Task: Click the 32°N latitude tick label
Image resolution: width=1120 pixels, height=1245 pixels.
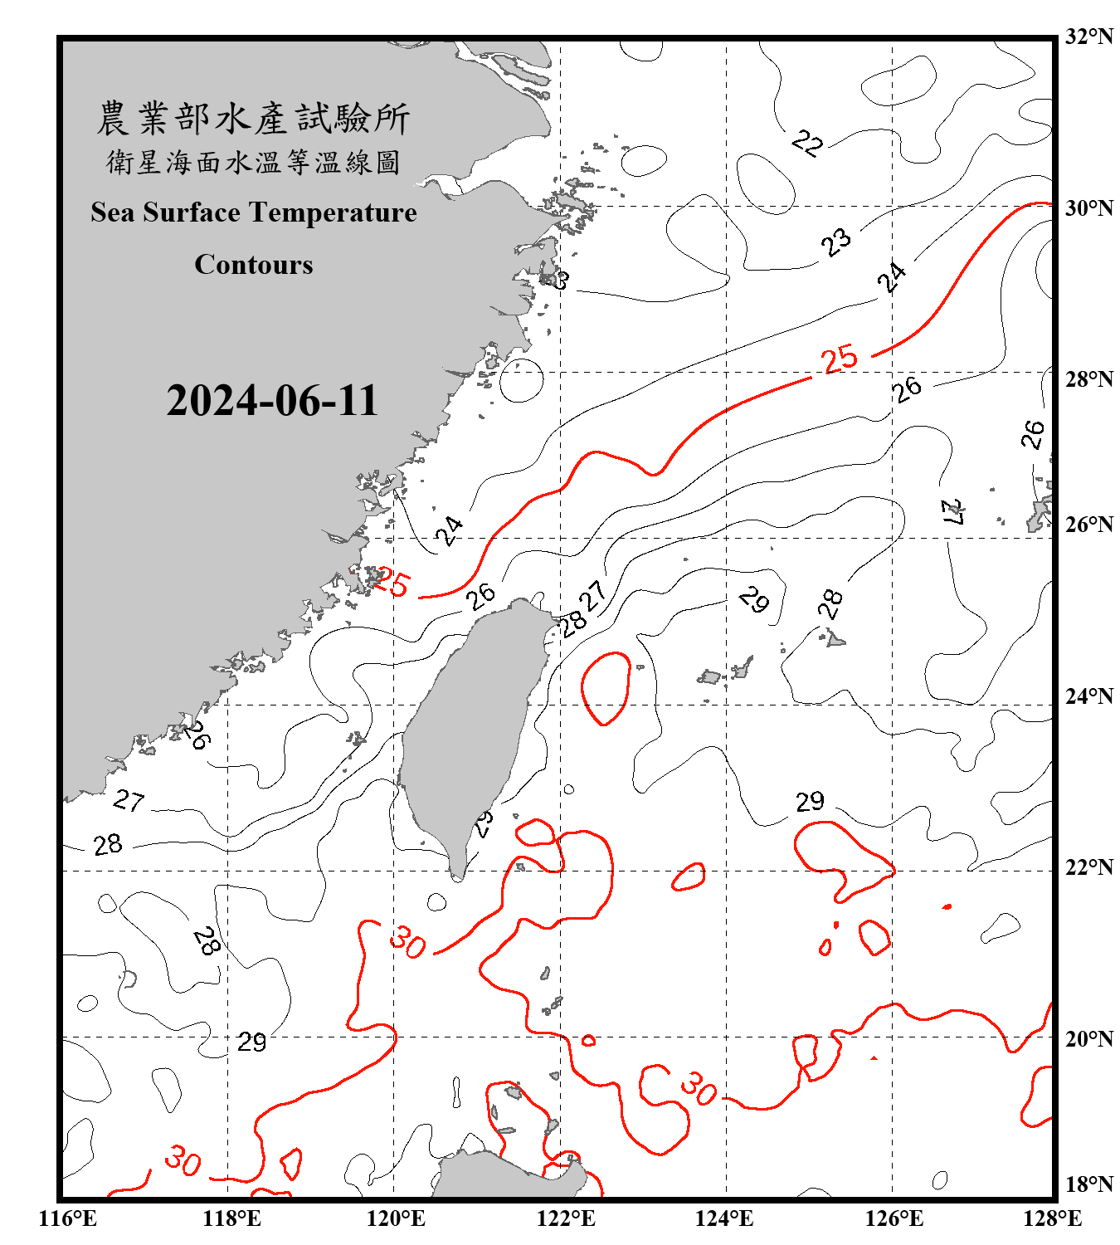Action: [1088, 37]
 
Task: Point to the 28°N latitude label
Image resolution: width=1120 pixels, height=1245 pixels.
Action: [1088, 379]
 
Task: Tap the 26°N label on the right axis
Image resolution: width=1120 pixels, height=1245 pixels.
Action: [1088, 525]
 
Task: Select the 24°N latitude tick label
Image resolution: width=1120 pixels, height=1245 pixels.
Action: [1088, 696]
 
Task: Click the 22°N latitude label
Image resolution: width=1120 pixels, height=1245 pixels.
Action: [1088, 867]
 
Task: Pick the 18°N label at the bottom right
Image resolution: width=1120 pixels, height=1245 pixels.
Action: [1088, 1184]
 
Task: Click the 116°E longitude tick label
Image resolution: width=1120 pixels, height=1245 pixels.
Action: [68, 1218]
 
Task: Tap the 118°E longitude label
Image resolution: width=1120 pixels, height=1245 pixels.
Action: [232, 1218]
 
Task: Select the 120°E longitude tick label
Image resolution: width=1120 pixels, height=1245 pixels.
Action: [396, 1218]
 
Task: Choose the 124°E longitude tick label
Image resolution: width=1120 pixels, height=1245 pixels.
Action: [724, 1218]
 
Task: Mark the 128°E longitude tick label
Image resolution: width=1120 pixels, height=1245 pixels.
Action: [1052, 1218]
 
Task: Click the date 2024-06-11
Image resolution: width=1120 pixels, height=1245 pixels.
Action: [272, 401]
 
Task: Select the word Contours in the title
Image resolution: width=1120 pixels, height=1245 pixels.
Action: [254, 265]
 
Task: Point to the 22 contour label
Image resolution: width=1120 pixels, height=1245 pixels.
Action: [806, 143]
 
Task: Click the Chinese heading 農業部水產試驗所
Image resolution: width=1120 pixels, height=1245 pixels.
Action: [253, 119]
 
